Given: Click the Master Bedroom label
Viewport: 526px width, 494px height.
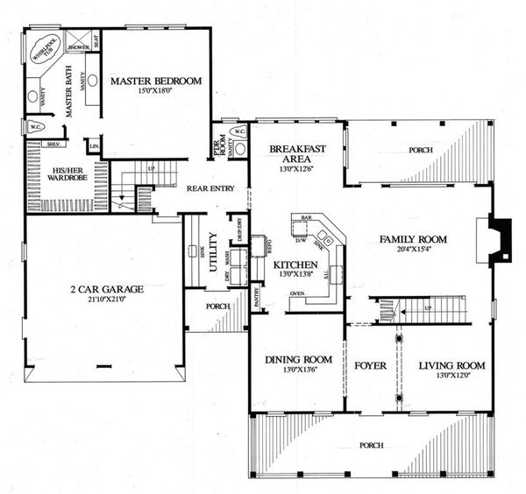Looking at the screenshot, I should point(156,81).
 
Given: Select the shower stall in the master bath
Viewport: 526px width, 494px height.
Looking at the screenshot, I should point(77,39).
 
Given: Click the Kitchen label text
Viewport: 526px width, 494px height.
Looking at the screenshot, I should point(293,264).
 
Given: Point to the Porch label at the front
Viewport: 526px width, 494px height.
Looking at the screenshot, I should point(372,445).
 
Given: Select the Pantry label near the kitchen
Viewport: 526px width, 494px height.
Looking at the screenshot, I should point(257,298).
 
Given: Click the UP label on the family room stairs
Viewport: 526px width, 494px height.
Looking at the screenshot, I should point(427,307).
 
